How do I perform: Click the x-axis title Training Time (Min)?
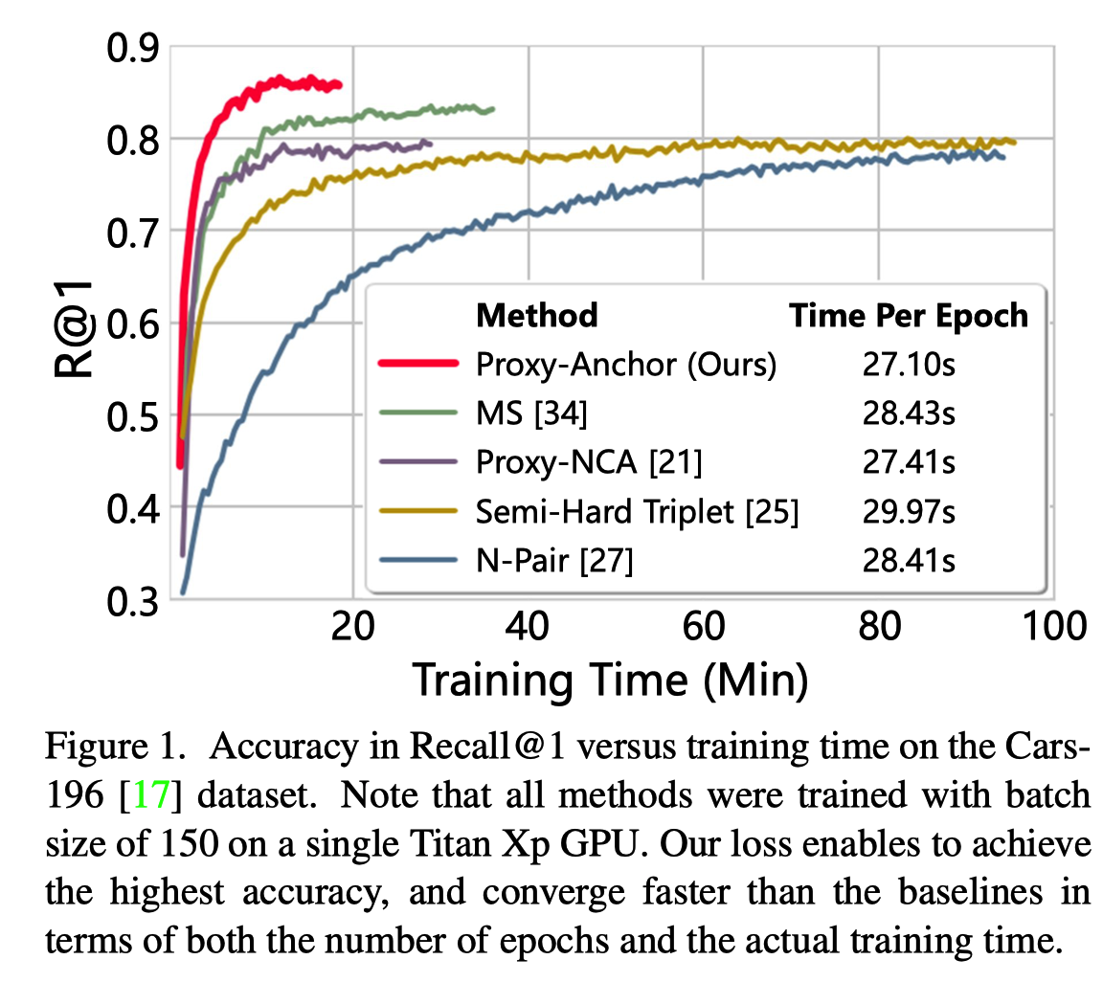[x=610, y=681]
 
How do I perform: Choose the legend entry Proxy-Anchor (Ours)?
[x=625, y=364]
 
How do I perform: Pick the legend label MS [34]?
[x=531, y=413]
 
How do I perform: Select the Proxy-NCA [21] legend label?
[x=589, y=463]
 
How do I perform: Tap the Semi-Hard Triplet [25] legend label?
[x=637, y=513]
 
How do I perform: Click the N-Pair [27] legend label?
[x=554, y=563]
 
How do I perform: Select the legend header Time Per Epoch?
[x=909, y=315]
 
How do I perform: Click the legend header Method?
[x=537, y=315]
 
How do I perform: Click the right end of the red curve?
[x=340, y=86]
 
